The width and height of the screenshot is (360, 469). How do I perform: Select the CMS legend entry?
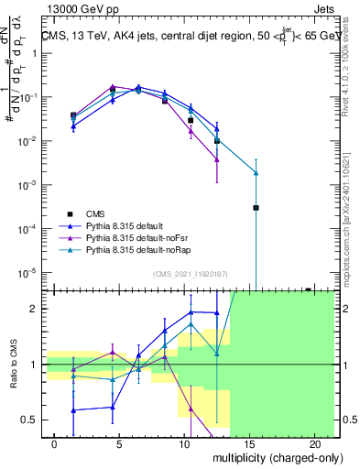(x=100, y=212)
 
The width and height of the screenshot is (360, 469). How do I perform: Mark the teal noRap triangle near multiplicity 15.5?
(x=256, y=173)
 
